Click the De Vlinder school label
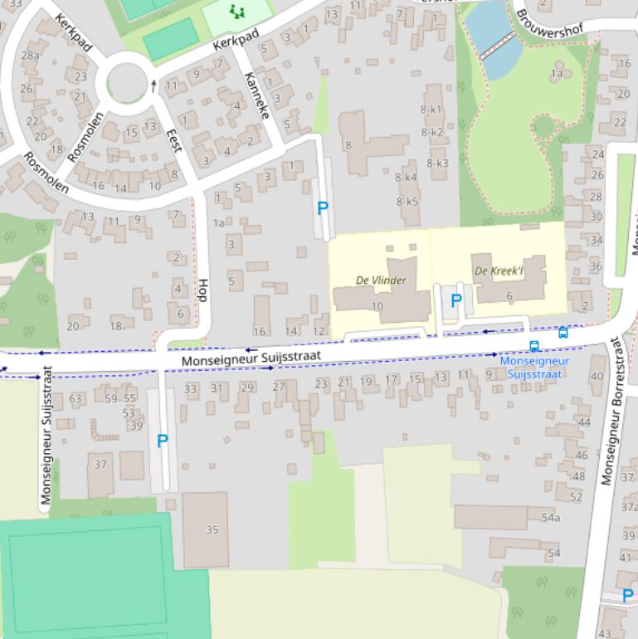point(381,280)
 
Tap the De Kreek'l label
point(499,271)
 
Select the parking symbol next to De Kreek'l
point(455,301)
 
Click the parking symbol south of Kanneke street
point(323,208)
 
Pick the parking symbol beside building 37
point(163,441)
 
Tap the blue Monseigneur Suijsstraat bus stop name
point(534,368)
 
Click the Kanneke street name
point(257,95)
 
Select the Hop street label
point(202,290)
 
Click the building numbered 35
point(212,529)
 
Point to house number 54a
point(550,518)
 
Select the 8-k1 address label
point(431,110)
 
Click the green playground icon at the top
point(237,11)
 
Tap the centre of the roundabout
point(127,81)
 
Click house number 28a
point(30,56)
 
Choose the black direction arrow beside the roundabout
point(153,85)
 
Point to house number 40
point(597,376)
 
